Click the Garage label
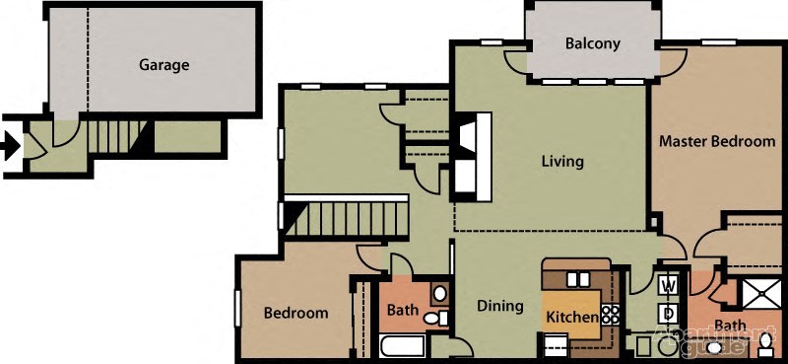pos(164,65)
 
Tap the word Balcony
pos(592,43)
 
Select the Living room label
pos(562,161)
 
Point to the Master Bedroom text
pos(717,141)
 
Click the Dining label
pos(500,306)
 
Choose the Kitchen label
pos(571,317)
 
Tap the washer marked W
pos(668,286)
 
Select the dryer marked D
pos(668,313)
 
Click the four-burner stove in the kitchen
pos(611,315)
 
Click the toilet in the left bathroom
pos(443,319)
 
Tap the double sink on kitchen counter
pos(576,279)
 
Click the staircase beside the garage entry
pos(115,135)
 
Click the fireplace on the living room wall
pos(471,154)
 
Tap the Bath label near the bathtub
pos(402,311)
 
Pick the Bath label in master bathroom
pos(730,326)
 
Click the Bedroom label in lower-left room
pos(295,314)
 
